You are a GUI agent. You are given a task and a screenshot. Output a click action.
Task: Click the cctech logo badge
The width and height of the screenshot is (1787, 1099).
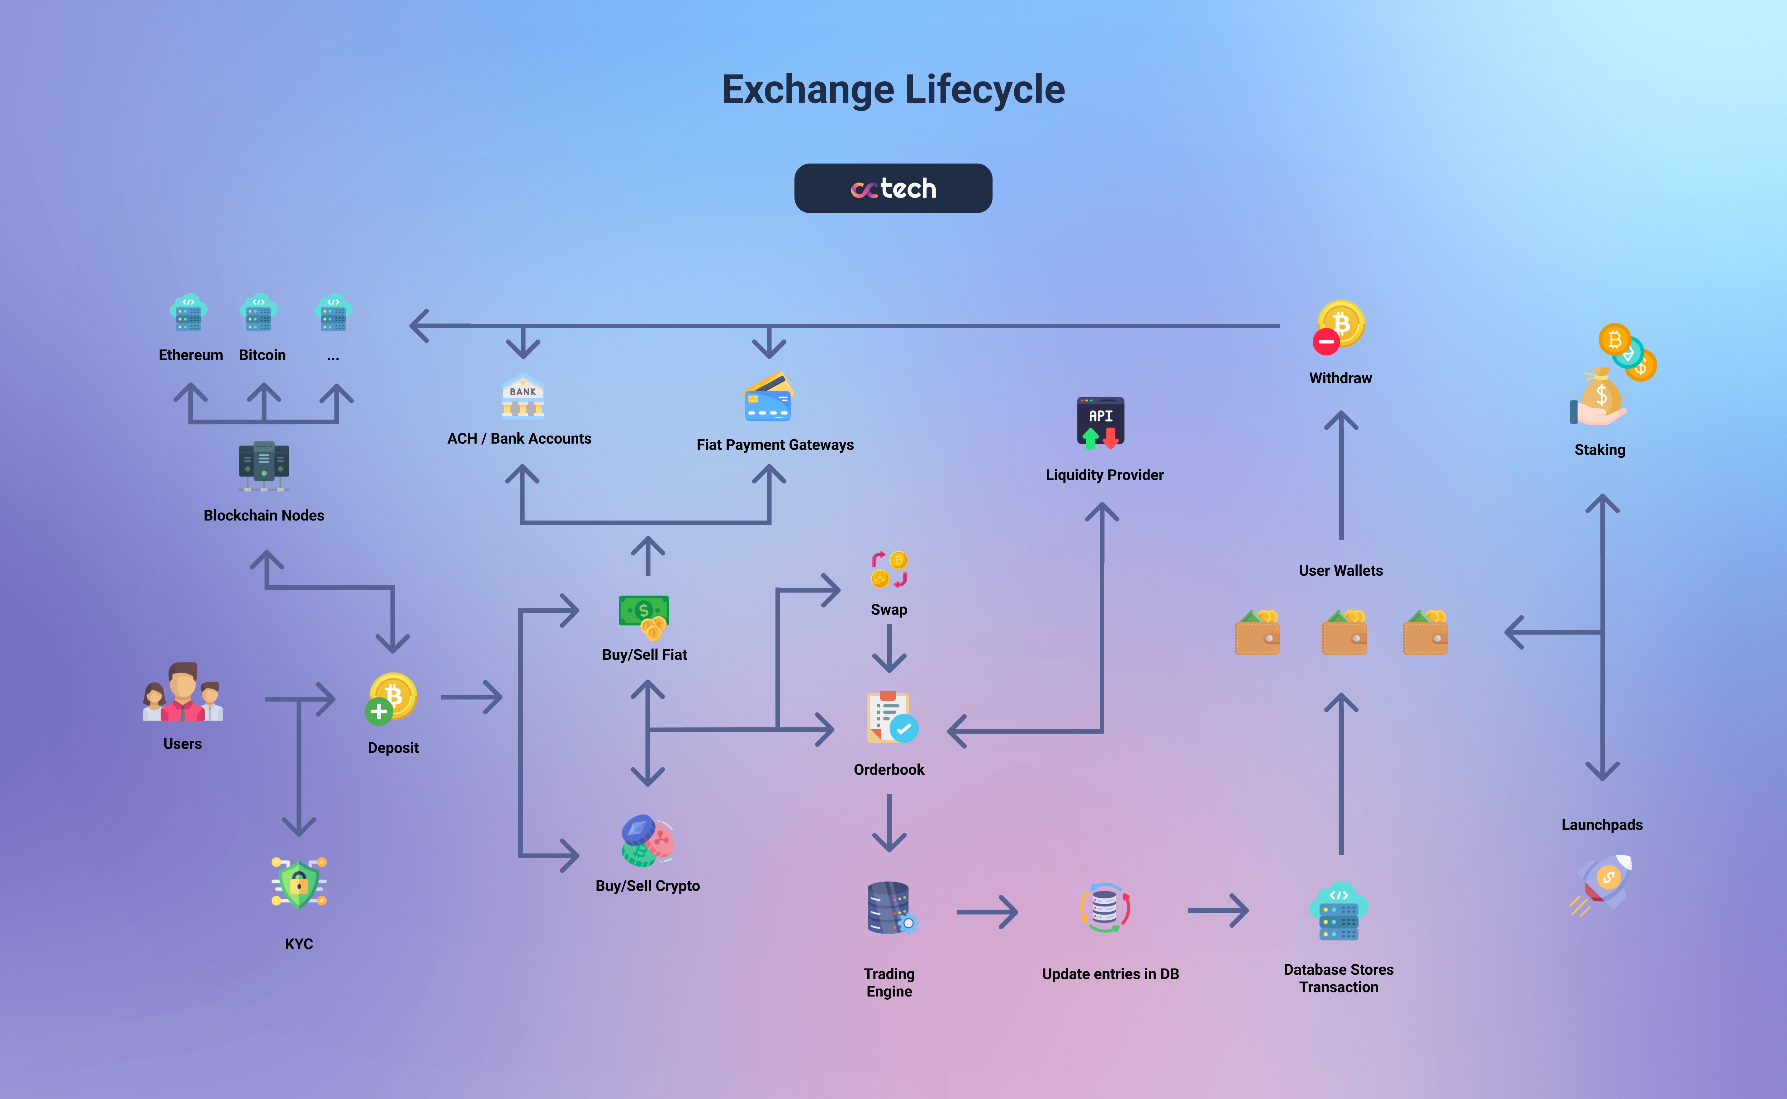[x=893, y=188]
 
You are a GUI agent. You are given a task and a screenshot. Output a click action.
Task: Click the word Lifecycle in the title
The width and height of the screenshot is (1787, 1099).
[x=985, y=89]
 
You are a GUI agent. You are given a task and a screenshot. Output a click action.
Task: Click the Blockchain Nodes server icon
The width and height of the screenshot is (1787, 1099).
[x=264, y=465]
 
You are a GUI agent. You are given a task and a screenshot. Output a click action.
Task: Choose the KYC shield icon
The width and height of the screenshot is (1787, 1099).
[x=299, y=883]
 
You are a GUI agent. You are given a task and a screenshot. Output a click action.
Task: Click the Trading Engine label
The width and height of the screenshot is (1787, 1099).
[x=889, y=983]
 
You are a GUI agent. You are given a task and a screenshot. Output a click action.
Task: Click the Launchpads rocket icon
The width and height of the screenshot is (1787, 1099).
[x=1603, y=883]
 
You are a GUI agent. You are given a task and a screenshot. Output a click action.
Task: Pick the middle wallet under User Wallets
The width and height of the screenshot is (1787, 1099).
[x=1344, y=633]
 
